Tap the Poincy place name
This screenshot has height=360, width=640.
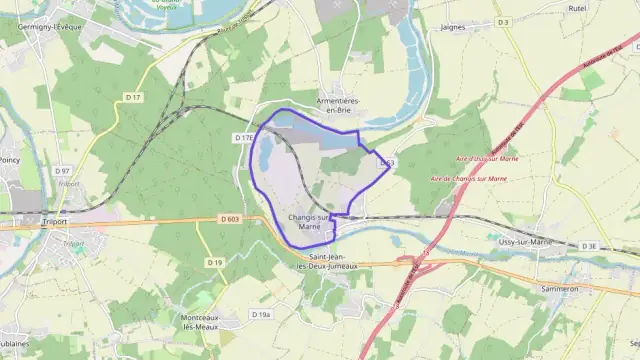pos(10,157)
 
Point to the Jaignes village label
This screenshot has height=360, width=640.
pos(452,27)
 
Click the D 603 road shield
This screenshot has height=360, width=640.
pos(229,219)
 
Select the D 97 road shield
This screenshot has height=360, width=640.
pos(61,171)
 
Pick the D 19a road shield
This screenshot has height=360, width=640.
pos(261,315)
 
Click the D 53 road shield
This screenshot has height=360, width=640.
pos(386,162)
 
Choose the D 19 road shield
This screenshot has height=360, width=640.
pos(215,262)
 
